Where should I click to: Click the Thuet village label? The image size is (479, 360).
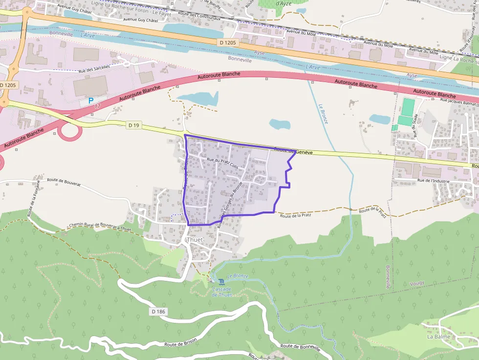click(194, 240)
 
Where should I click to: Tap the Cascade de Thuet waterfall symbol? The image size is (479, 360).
click(221, 282)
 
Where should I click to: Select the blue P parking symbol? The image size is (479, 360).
click(90, 101)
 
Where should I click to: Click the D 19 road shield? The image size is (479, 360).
click(133, 126)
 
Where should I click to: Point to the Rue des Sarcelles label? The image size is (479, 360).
click(101, 66)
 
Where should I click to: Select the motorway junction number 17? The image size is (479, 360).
click(97, 106)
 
